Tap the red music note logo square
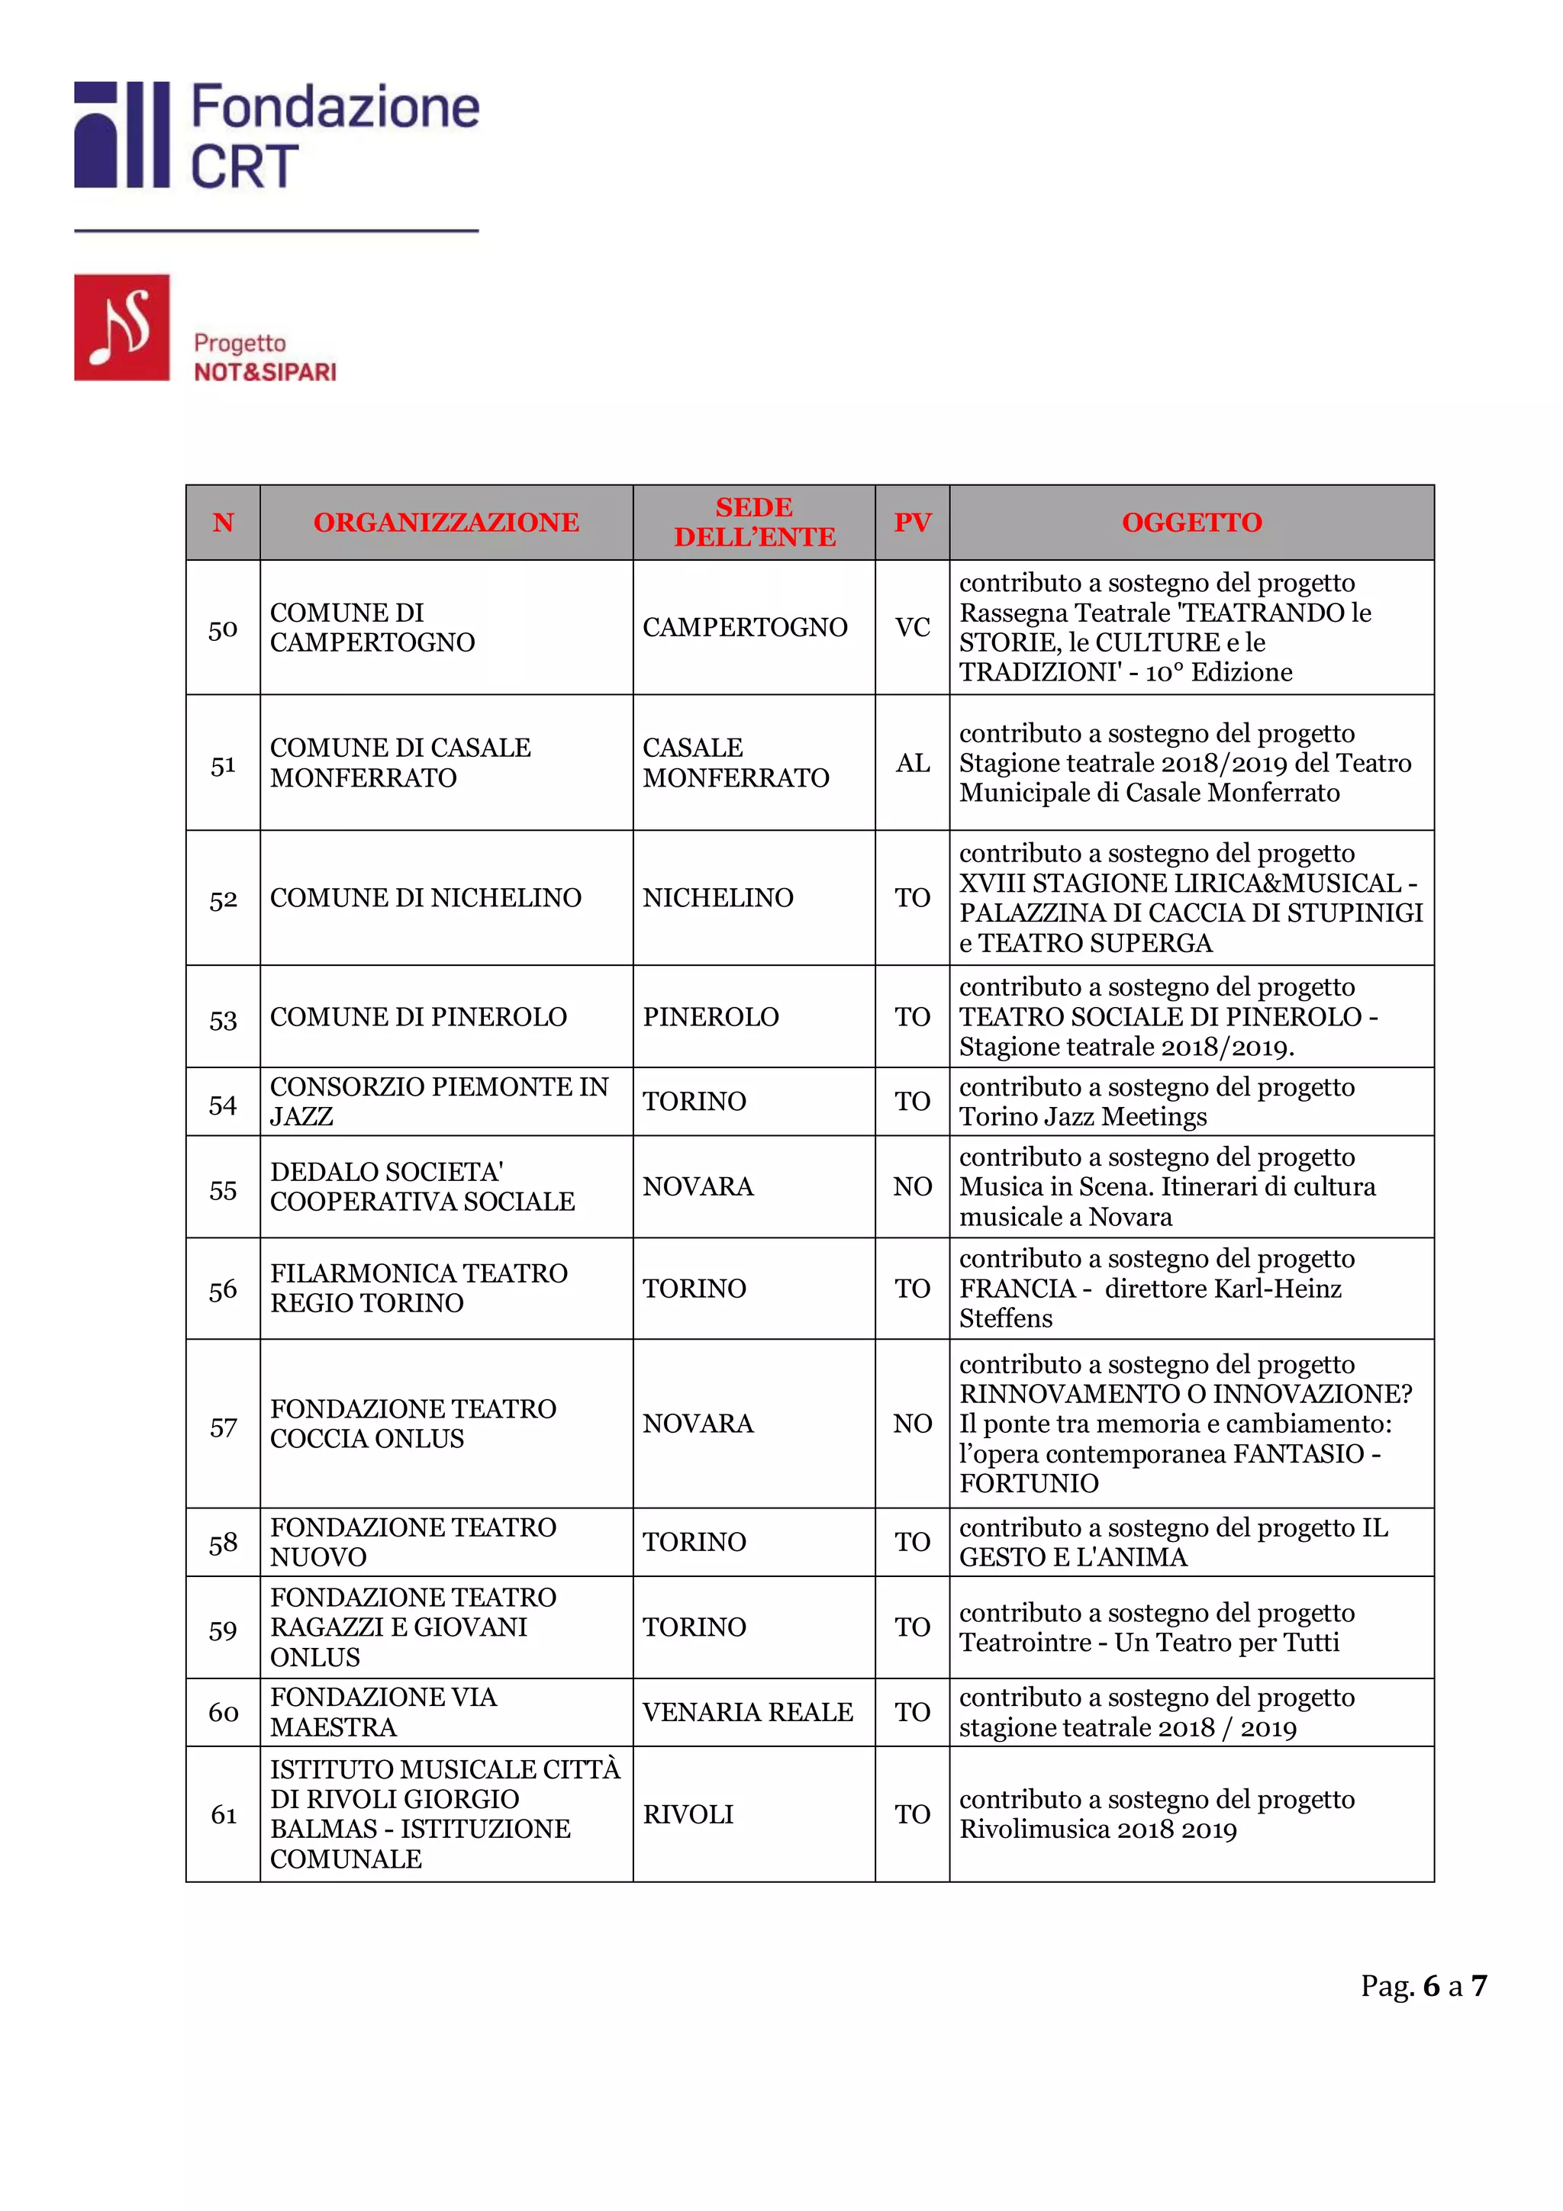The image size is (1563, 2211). click(x=121, y=327)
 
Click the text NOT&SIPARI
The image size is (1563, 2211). click(x=265, y=372)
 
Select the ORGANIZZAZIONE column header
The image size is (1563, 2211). click(x=446, y=522)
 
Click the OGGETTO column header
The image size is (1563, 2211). click(x=1191, y=522)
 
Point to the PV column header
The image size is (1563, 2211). click(x=912, y=522)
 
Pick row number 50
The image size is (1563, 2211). click(x=222, y=629)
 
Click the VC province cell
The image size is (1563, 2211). click(x=912, y=628)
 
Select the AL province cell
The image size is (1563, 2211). click(x=912, y=763)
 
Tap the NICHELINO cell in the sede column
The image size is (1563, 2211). click(x=717, y=897)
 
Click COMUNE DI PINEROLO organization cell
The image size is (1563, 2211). click(x=418, y=1017)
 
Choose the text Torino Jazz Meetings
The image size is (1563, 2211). click(x=1082, y=1117)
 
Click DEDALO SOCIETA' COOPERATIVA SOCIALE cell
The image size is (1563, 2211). click(x=422, y=1186)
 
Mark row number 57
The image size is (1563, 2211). click(x=222, y=1427)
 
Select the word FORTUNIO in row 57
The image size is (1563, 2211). click(x=1029, y=1484)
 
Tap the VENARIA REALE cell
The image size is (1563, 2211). click(x=747, y=1712)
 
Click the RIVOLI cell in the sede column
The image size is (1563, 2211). click(x=688, y=1814)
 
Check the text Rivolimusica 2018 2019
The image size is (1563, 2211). click(x=1098, y=1830)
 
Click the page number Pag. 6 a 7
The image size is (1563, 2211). click(x=1423, y=1986)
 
